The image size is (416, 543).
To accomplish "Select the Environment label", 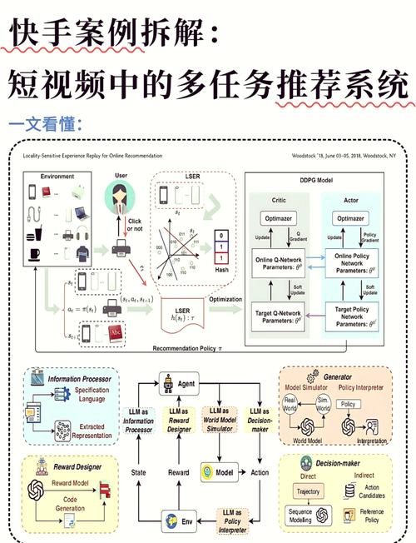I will coord(51,177).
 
